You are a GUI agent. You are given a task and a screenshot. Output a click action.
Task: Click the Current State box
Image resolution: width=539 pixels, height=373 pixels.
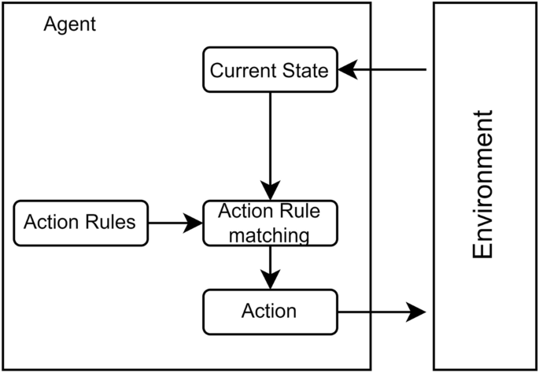pyautogui.click(x=270, y=70)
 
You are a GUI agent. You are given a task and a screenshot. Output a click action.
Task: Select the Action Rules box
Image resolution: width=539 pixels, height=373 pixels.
pyautogui.click(x=80, y=223)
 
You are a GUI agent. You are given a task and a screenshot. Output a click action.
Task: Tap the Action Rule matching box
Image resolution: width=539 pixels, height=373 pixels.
pyautogui.click(x=270, y=223)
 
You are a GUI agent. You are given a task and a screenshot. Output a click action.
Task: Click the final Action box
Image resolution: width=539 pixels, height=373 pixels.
pyautogui.click(x=270, y=311)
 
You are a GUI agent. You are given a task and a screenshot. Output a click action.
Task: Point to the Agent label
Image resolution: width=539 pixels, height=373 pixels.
pyautogui.click(x=70, y=24)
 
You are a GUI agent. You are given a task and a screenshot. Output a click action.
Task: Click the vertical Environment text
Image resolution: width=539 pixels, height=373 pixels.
pyautogui.click(x=483, y=185)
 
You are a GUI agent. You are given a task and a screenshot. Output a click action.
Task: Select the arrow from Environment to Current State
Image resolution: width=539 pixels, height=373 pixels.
pyautogui.click(x=386, y=71)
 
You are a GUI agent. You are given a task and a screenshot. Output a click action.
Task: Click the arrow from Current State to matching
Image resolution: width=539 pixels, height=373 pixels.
pyautogui.click(x=270, y=142)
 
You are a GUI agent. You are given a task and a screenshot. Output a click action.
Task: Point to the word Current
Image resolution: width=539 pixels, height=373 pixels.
pyautogui.click(x=239, y=71)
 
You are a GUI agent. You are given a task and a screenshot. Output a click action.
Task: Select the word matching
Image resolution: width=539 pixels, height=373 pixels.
pyautogui.click(x=270, y=234)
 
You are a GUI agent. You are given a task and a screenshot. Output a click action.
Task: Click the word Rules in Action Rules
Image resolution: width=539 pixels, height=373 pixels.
pyautogui.click(x=111, y=223)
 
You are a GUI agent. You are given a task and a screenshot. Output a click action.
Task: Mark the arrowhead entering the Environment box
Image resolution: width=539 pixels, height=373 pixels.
pyautogui.click(x=415, y=312)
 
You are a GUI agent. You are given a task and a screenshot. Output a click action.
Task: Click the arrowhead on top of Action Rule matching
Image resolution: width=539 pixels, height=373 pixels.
pyautogui.click(x=270, y=190)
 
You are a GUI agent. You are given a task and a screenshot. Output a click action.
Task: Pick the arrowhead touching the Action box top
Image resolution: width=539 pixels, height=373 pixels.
pyautogui.click(x=270, y=280)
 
